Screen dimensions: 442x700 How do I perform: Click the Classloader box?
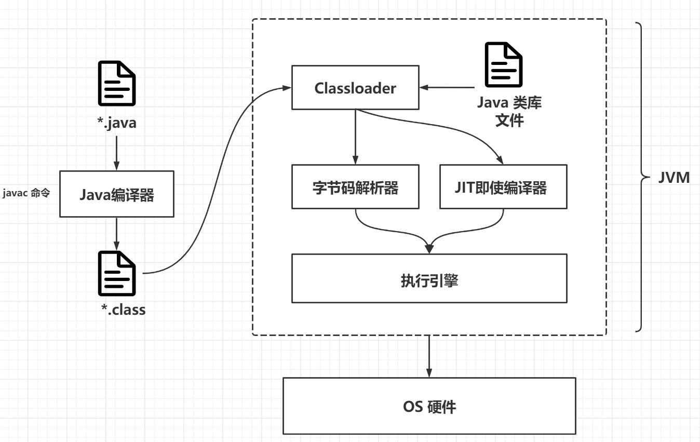tap(355, 88)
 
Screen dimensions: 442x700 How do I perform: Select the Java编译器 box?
tap(117, 194)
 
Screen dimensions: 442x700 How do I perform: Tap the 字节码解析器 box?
tap(355, 187)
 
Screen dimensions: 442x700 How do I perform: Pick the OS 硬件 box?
tap(429, 406)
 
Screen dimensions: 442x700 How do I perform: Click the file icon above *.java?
tap(117, 83)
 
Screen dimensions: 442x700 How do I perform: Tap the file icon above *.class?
tap(117, 274)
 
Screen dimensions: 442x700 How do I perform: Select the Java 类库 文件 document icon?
tap(503, 65)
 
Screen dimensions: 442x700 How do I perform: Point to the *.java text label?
tap(117, 124)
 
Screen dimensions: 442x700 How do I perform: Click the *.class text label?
tap(123, 310)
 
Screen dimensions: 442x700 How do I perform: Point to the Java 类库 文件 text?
tap(509, 111)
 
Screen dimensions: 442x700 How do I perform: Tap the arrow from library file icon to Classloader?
tap(449, 87)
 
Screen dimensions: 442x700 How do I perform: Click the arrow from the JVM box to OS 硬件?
tap(429, 356)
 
